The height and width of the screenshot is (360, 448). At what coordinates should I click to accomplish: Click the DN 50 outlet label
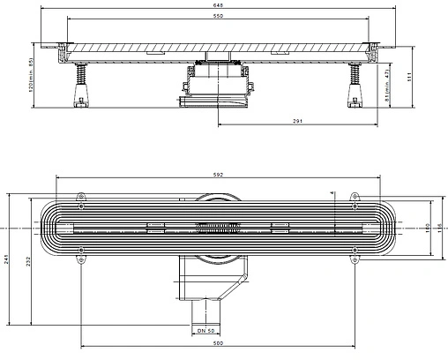pos(206,330)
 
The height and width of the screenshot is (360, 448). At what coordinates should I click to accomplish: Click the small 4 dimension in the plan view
pos(332,193)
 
